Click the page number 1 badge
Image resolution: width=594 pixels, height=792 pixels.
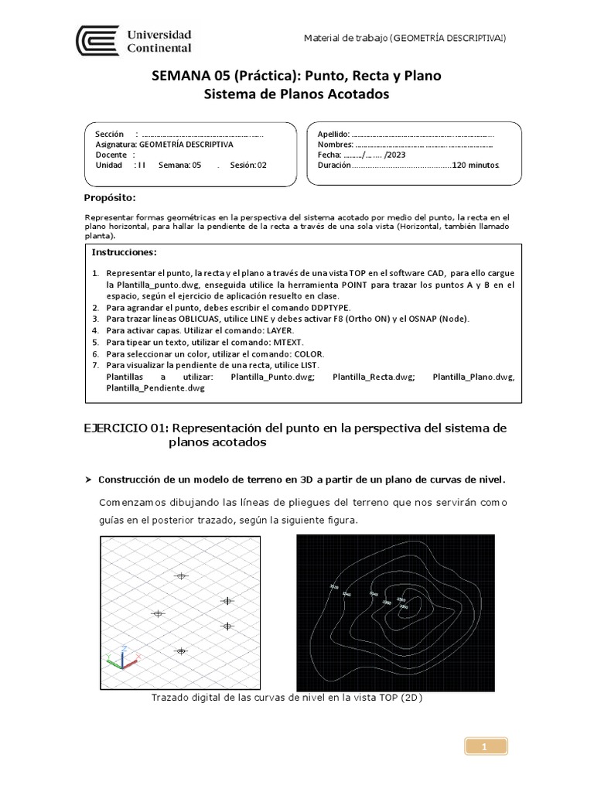[484, 746]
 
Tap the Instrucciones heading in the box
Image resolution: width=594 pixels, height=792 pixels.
[124, 252]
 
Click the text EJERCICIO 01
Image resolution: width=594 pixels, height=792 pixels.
[125, 428]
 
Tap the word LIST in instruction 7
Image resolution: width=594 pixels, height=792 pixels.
[311, 364]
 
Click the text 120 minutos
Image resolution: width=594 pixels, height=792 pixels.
[475, 165]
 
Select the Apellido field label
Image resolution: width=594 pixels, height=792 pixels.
[333, 135]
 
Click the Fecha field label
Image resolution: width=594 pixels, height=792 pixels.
[329, 155]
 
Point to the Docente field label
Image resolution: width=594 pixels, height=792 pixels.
[111, 155]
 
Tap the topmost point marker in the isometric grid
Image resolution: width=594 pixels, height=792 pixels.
[182, 575]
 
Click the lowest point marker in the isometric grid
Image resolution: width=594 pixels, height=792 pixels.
[182, 651]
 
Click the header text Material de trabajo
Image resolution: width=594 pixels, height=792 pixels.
[346, 39]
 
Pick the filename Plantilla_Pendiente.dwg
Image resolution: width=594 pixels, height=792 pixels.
[155, 389]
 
